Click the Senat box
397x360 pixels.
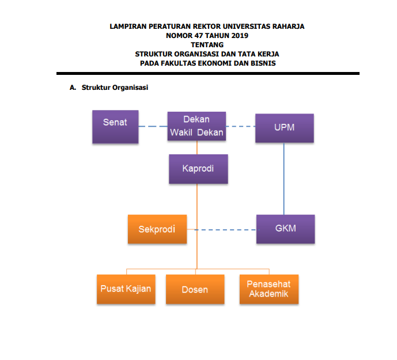tap(115, 127)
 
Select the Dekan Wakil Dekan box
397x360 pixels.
tap(196, 126)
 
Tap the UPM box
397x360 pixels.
tap(285, 128)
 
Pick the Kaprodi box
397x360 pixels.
tap(198, 169)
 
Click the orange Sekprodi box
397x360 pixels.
tap(157, 229)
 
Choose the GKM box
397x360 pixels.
tap(286, 229)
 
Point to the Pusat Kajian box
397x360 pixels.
tap(126, 289)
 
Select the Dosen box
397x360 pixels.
tap(195, 289)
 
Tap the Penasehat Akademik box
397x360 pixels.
tap(269, 289)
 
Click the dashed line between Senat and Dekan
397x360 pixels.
tap(153, 126)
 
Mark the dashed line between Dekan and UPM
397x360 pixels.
tap(240, 126)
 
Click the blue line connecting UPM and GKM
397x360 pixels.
tap(284, 179)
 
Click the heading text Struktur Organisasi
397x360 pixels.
tap(115, 88)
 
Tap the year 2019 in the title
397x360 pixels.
tap(240, 36)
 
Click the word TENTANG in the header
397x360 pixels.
tap(207, 45)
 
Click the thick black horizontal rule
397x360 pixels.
tap(208, 73)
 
